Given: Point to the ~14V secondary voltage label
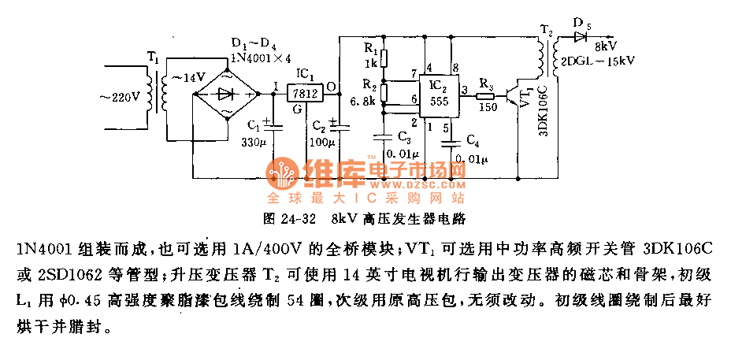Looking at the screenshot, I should tap(188, 77).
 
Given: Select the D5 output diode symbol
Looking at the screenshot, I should tap(581, 36).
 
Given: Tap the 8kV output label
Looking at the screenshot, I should tap(607, 46).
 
